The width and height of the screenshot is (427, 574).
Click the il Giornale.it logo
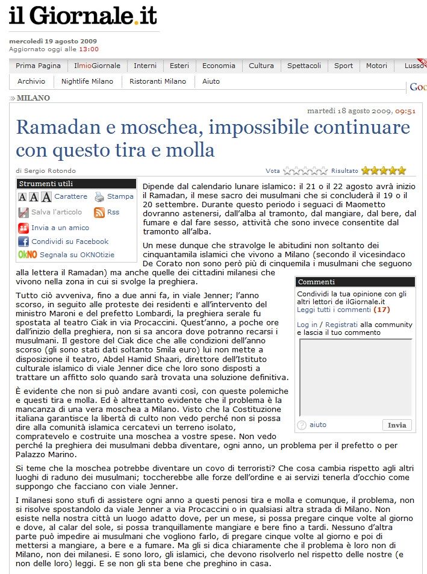tap(83, 16)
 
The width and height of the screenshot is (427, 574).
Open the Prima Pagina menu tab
tap(38, 66)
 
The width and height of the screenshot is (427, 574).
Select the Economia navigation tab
tap(219, 66)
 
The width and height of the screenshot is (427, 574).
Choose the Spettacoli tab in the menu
tap(304, 66)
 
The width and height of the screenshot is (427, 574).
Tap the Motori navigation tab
tap(376, 66)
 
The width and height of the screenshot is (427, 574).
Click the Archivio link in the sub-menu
tap(31, 81)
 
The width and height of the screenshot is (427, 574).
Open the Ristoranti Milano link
tap(158, 81)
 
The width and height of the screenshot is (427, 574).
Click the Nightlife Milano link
tap(87, 81)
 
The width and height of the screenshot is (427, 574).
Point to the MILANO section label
tap(33, 98)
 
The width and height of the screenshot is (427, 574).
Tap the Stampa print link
tap(120, 196)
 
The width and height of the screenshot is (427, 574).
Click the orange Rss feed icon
tap(99, 213)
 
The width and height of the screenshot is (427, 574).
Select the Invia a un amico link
tap(60, 228)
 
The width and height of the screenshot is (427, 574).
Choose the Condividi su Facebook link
tap(70, 242)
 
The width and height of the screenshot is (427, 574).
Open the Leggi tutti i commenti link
tap(334, 310)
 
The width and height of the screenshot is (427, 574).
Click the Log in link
tap(307, 325)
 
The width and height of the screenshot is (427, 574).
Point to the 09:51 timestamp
tap(405, 111)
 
